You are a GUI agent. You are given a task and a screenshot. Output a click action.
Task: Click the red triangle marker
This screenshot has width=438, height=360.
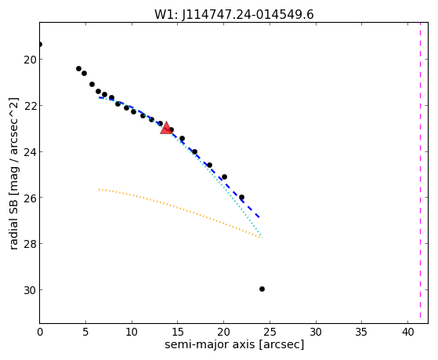[x=166, y=128]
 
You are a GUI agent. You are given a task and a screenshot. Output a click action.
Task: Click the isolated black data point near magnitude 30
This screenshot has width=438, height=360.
[x=262, y=289]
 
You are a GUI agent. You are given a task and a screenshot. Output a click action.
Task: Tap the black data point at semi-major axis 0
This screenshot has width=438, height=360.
[x=40, y=44]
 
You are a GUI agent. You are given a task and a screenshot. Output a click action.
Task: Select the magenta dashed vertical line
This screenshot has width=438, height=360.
[x=421, y=173]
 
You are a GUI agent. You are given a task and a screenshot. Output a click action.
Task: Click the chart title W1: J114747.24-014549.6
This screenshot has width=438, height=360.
[x=234, y=15]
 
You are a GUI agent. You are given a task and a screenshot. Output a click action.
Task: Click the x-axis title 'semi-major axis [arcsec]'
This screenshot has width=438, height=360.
[x=234, y=344]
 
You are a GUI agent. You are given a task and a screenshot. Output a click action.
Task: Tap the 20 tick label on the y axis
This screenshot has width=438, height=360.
[x=30, y=60]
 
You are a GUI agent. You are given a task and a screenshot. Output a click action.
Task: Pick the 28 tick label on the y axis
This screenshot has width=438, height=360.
[x=30, y=244]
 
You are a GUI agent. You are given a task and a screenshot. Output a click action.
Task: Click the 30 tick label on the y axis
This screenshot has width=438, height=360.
[x=30, y=290]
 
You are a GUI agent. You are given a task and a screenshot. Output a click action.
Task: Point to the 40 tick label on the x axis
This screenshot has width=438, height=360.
[x=407, y=332]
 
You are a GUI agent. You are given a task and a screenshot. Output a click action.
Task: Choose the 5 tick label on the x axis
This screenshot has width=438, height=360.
[x=85, y=332]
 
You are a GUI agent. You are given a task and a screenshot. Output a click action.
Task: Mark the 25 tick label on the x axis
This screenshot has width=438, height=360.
[x=270, y=332]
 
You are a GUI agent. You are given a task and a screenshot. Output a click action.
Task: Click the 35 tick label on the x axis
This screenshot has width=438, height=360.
[x=362, y=332]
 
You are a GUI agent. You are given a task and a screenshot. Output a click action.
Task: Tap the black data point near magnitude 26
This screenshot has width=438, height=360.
[x=241, y=197]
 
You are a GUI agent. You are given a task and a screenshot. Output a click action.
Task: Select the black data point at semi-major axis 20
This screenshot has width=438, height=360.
[x=224, y=176]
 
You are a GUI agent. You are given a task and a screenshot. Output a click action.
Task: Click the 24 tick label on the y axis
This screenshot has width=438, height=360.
[x=30, y=152]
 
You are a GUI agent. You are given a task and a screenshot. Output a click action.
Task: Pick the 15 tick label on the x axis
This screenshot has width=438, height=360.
[x=178, y=332]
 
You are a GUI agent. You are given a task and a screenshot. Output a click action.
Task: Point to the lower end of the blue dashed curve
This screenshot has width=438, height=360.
[x=259, y=217]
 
